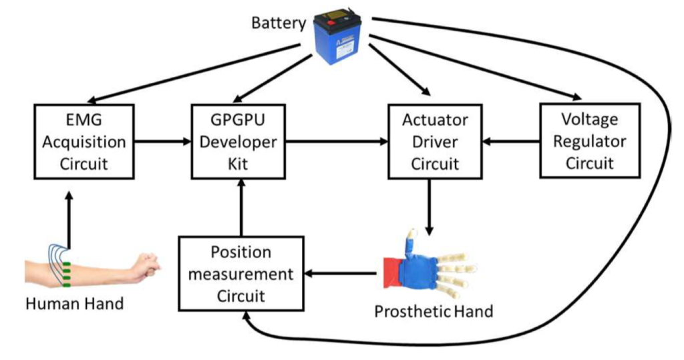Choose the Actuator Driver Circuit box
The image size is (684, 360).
click(x=435, y=141)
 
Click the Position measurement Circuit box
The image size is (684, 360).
click(x=240, y=273)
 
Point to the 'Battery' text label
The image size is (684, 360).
click(x=278, y=23)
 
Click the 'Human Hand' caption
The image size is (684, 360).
click(x=74, y=304)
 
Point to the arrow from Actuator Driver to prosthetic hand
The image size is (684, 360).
click(x=428, y=206)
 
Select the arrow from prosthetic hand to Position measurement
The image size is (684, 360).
click(x=341, y=273)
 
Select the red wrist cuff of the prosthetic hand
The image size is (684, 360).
click(x=391, y=271)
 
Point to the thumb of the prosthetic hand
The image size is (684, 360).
click(x=410, y=241)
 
